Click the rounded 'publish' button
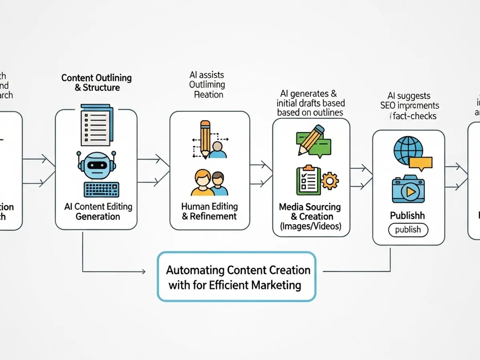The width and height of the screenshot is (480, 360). (408, 230)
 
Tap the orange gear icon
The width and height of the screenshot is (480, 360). (330, 181)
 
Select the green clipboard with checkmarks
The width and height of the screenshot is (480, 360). (308, 180)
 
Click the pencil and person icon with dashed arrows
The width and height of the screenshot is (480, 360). (210, 140)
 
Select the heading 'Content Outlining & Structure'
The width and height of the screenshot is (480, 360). (96, 82)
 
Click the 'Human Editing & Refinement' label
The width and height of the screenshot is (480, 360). (210, 212)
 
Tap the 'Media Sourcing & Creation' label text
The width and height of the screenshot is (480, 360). (310, 212)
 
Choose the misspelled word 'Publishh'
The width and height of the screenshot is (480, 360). (407, 216)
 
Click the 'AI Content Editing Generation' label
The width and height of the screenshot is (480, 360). (98, 212)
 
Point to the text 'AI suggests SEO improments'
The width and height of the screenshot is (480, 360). (409, 101)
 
